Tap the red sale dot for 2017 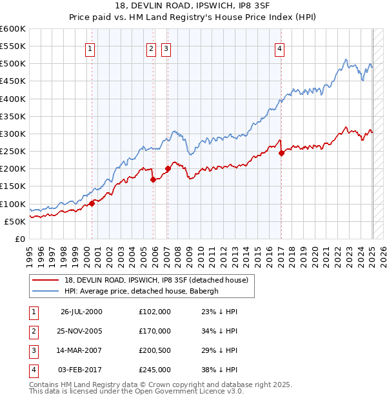(x=282, y=153)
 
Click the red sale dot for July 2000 (x=92, y=203)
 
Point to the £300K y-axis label (x=13, y=134)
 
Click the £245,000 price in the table (x=155, y=370)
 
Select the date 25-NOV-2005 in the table (x=81, y=331)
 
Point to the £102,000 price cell (x=155, y=312)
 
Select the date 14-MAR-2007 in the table (x=81, y=350)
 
